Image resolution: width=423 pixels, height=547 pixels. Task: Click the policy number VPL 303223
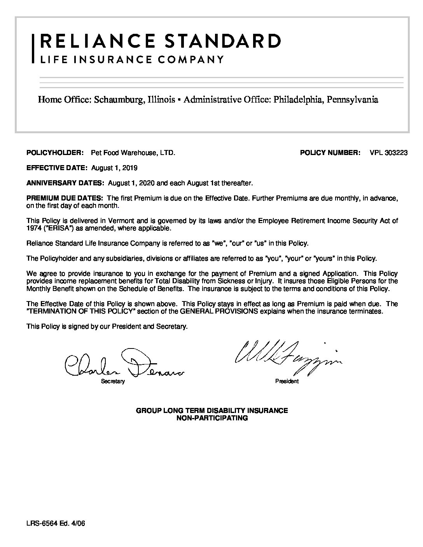tap(388, 153)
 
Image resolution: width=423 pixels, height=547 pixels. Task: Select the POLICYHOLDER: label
tap(55, 153)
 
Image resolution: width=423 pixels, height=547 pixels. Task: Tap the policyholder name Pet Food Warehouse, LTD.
tap(133, 153)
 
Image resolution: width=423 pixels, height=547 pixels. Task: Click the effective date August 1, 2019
tap(114, 168)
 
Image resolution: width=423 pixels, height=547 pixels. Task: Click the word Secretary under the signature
tap(113, 382)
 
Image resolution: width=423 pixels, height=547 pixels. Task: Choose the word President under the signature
tap(287, 382)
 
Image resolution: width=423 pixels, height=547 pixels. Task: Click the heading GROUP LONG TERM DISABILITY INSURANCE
tap(211, 411)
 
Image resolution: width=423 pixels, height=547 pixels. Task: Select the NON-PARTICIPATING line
tap(212, 418)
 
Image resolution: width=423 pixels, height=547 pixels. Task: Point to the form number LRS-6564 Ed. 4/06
tap(56, 524)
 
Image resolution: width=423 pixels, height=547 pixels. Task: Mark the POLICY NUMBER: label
tap(330, 153)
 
